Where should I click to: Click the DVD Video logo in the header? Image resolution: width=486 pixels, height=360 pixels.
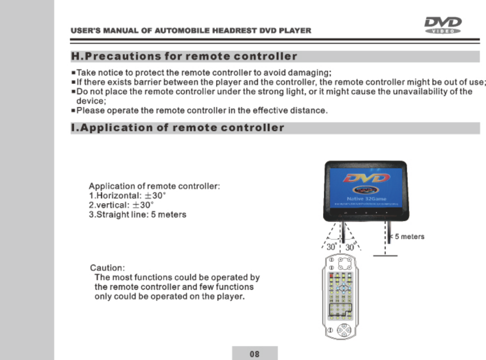pos(443,25)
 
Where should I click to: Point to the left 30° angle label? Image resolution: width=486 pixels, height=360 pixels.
pos(331,247)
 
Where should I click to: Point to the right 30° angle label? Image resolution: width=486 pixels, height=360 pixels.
pos(350,247)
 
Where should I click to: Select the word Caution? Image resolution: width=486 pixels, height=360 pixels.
pos(107,268)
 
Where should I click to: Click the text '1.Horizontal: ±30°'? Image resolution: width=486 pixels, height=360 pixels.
pos(128,195)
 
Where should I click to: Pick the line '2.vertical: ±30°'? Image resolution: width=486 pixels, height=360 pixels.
pos(121,205)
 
